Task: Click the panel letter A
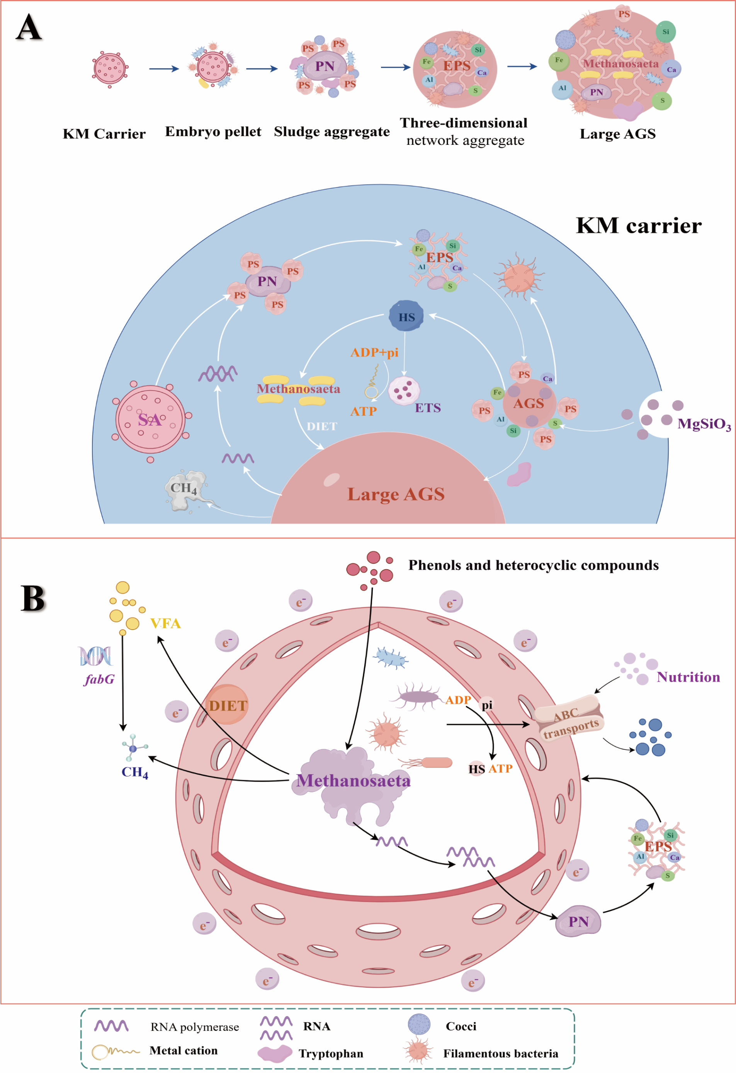click(x=29, y=28)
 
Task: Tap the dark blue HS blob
click(x=406, y=316)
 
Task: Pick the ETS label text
click(x=428, y=407)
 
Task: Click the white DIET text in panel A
click(x=322, y=426)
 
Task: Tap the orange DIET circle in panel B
click(x=228, y=705)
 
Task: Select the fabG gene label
click(x=99, y=679)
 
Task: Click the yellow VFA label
click(x=165, y=624)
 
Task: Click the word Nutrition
click(x=688, y=677)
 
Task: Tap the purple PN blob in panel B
click(x=578, y=922)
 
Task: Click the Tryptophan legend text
click(x=331, y=1054)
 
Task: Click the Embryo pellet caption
click(x=213, y=132)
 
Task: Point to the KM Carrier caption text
click(x=104, y=134)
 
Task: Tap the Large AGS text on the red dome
click(x=396, y=494)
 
